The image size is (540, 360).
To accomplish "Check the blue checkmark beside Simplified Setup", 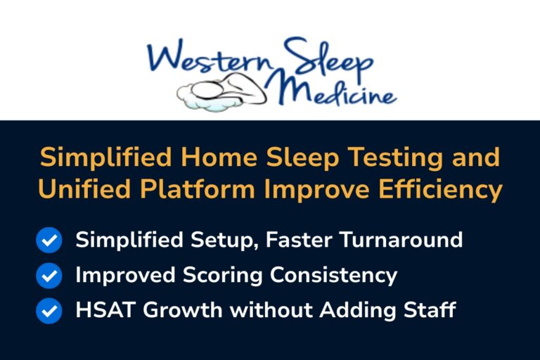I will [49, 240].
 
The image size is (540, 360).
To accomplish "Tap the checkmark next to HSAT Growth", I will [49, 310].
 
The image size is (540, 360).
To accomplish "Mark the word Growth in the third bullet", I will [177, 310].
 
